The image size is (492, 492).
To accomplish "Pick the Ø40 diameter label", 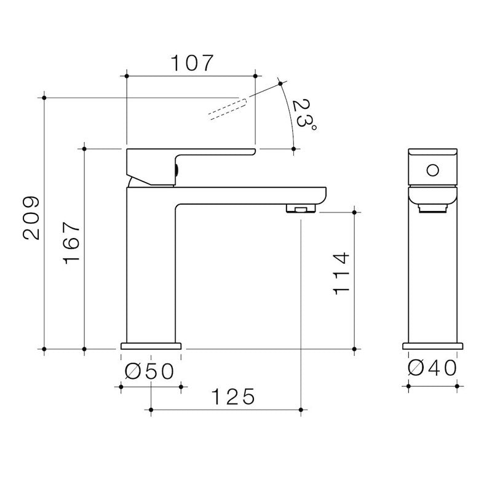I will coord(432,368).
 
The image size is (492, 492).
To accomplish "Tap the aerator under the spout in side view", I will coord(300,210).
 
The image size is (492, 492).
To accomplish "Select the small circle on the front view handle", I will coord(432,169).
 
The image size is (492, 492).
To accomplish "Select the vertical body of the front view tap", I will coord(432,277).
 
